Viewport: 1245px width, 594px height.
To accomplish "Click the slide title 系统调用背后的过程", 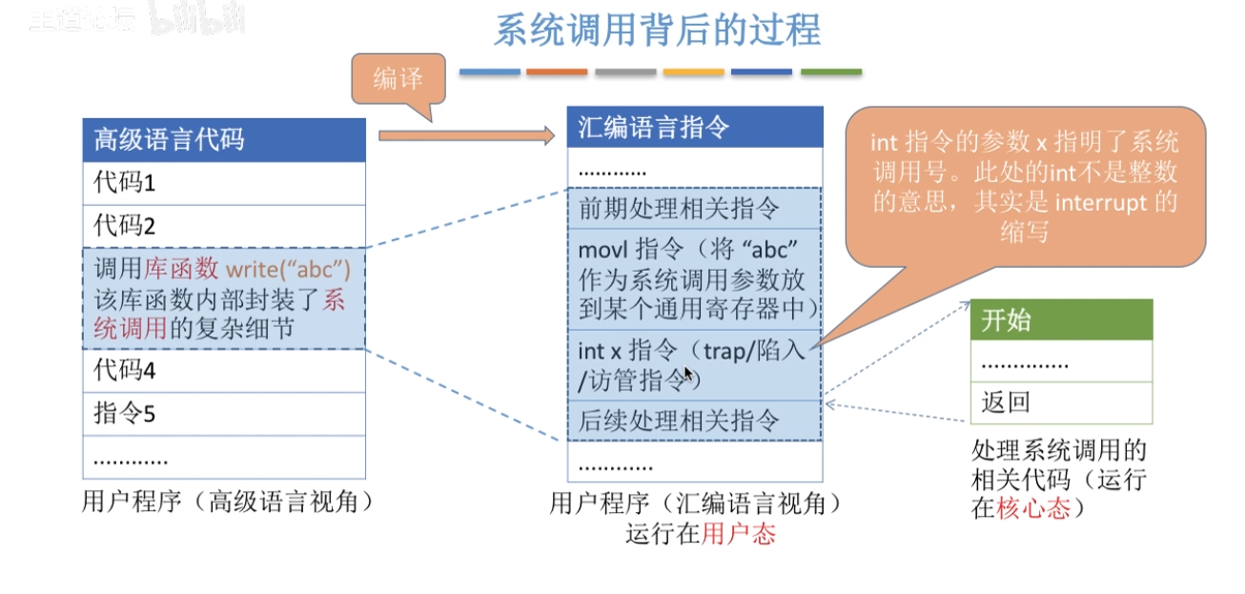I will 657,30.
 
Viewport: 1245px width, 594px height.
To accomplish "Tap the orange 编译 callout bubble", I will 398,79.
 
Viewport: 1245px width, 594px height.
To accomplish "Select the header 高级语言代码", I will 224,140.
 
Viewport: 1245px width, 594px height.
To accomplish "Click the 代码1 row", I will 224,183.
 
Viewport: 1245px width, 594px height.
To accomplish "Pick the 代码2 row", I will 224,226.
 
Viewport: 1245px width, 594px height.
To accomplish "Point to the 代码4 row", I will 224,370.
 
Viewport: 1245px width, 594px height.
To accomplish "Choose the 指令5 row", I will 224,414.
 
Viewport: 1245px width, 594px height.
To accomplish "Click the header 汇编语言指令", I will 695,127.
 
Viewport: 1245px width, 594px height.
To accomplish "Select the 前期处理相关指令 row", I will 695,209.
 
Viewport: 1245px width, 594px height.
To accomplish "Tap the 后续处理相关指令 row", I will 695,420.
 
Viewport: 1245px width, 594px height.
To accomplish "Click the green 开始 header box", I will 1061,320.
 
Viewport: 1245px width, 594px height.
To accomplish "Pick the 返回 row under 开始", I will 1061,403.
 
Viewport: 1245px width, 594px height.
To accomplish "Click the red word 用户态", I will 739,534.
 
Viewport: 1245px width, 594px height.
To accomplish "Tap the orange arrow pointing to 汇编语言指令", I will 466,136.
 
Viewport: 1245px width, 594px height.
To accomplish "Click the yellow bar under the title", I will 694,72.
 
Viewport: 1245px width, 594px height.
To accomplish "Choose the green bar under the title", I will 830,72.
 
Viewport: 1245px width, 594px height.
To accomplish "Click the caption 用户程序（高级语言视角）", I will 226,502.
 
